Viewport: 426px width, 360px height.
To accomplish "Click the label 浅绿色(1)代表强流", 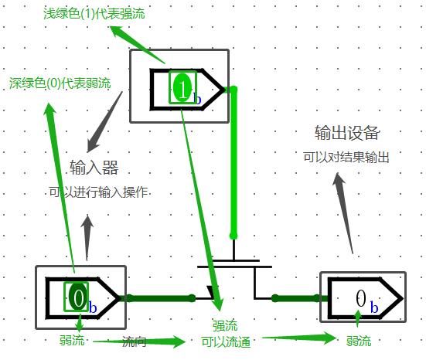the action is pos(94,14).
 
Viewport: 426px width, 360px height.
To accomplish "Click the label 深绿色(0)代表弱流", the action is pos(60,83).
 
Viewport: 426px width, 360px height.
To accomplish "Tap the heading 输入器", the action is pos(94,167).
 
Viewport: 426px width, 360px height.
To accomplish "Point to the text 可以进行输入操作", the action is pos(98,192).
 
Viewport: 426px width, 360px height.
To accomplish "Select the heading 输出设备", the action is pos(347,133).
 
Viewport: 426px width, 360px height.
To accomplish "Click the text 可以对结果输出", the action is pos(346,157).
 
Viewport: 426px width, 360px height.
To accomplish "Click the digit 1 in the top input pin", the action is pos(182,87).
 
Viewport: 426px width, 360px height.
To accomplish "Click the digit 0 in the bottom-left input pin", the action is pos(79,297).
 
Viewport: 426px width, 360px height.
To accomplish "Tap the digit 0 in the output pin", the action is pos(360,298).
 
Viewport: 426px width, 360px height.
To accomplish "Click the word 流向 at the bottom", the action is pos(135,341).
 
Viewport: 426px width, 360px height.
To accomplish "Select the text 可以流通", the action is pos(226,341).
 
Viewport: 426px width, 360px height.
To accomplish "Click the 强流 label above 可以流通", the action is pos(225,325).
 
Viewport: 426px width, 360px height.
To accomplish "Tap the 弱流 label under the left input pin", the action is pos(72,340).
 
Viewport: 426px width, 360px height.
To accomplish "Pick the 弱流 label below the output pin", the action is pos(359,341).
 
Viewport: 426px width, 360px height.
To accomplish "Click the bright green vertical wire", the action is pos(233,163).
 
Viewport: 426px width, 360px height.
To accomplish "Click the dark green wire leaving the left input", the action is pos(160,298).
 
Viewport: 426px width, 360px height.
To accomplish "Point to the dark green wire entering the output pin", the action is pos(300,298).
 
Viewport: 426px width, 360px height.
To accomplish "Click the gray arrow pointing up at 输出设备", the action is pos(344,213).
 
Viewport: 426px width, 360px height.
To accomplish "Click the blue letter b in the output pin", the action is pos(374,307).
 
